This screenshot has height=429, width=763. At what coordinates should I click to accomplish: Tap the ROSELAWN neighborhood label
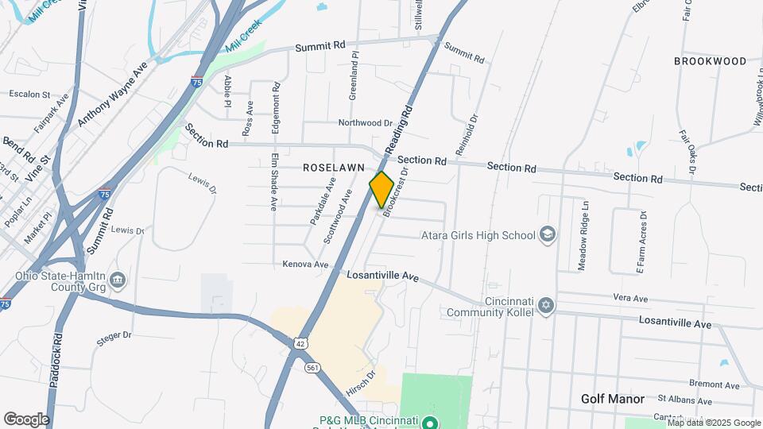click(333, 168)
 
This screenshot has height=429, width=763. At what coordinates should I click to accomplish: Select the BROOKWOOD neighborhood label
click(710, 61)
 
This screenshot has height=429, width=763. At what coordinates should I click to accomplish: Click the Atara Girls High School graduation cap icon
click(547, 234)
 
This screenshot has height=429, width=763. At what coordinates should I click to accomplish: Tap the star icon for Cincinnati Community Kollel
click(545, 305)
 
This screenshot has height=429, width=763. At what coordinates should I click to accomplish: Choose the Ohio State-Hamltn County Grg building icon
click(117, 279)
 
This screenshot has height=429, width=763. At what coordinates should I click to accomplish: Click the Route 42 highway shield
click(298, 342)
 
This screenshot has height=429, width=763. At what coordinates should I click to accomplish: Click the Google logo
click(26, 419)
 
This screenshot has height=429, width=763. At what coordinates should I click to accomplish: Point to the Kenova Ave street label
click(306, 264)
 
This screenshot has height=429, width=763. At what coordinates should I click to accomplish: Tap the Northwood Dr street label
click(366, 123)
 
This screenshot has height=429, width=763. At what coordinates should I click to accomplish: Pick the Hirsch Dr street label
click(361, 382)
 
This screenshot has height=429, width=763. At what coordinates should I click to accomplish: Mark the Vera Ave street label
click(631, 297)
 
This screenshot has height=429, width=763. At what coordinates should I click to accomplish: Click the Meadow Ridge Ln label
click(584, 235)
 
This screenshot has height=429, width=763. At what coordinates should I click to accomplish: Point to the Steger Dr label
click(113, 337)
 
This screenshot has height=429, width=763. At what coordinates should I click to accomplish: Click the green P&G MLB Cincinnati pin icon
click(430, 422)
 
